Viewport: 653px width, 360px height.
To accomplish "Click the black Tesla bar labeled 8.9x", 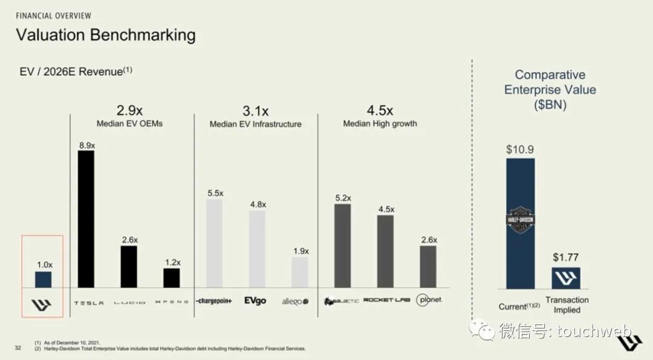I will tap(86, 218).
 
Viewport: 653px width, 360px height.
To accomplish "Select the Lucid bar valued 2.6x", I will tap(128, 266).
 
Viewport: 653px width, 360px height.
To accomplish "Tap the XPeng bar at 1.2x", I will tap(171, 278).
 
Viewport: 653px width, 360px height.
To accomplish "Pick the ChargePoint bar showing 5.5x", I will tap(214, 243).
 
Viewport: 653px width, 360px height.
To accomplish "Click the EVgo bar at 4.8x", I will tap(257, 249).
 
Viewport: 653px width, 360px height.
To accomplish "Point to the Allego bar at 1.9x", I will tap(299, 272).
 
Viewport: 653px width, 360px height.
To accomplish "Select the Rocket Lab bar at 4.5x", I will tap(385, 251).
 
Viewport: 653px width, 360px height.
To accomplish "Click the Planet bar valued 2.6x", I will tap(428, 266).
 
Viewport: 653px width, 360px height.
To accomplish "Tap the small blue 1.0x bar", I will tap(43, 280).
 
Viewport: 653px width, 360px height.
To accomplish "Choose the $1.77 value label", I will tap(565, 258).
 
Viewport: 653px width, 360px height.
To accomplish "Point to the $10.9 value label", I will tap(520, 149).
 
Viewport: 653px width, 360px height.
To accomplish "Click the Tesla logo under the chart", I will tap(89, 302).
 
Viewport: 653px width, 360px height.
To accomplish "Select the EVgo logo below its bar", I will tap(255, 301).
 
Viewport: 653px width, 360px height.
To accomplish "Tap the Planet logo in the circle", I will tap(429, 300).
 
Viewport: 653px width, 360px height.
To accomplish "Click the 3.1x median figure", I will tap(255, 111).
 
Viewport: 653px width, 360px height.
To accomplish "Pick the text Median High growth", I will tap(380, 123).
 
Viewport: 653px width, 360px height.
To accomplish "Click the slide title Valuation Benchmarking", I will tap(106, 34).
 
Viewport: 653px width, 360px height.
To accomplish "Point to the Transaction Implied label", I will tap(567, 305).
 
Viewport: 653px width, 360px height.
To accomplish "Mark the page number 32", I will tap(18, 347).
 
